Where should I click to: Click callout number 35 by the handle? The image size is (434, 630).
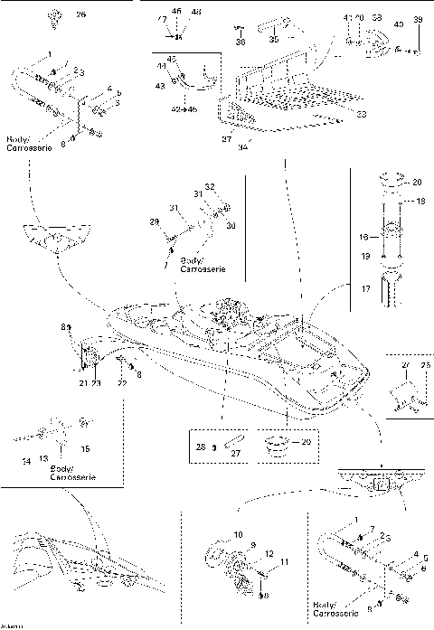point(274,40)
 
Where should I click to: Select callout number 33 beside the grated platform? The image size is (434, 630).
point(362,114)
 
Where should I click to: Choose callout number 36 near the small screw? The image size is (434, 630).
point(240,41)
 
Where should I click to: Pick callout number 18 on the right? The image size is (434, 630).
point(420,203)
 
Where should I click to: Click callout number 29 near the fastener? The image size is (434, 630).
point(153,221)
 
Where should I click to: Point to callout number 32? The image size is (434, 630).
point(210,185)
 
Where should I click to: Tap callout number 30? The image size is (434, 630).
point(230,225)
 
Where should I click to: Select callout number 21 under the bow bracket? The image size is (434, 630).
point(82,384)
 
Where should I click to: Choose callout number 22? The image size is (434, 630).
point(122,384)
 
